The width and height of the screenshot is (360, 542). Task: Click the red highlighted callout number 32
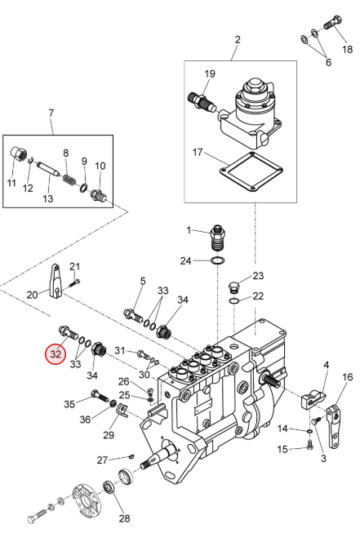click(x=56, y=354)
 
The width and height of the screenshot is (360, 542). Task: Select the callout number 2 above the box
click(x=238, y=39)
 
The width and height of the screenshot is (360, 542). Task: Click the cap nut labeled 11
click(x=17, y=153)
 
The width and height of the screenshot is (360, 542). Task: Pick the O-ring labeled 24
click(x=218, y=260)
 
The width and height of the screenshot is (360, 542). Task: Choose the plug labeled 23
click(x=233, y=287)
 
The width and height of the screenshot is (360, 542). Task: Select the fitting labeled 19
click(x=202, y=100)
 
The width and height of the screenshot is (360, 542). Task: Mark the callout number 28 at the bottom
click(x=125, y=518)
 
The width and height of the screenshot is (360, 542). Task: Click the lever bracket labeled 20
click(x=56, y=281)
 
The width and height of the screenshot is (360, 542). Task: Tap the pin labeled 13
click(x=49, y=170)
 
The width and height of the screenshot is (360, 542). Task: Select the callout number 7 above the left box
click(x=51, y=113)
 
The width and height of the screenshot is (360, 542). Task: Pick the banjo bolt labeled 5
click(x=133, y=314)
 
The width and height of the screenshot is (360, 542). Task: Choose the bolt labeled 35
click(x=100, y=396)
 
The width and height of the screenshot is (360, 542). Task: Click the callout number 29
click(x=109, y=434)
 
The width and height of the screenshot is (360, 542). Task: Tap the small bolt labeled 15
click(x=309, y=445)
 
